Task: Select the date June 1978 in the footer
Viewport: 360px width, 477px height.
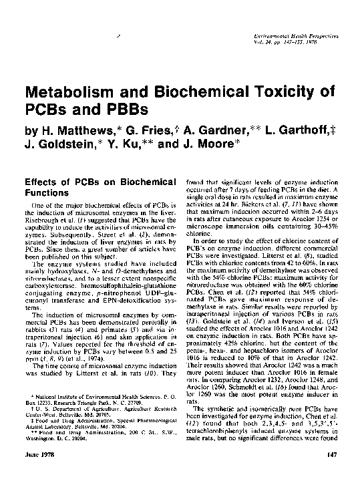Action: point(36,455)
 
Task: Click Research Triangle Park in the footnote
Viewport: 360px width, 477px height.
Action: point(74,403)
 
